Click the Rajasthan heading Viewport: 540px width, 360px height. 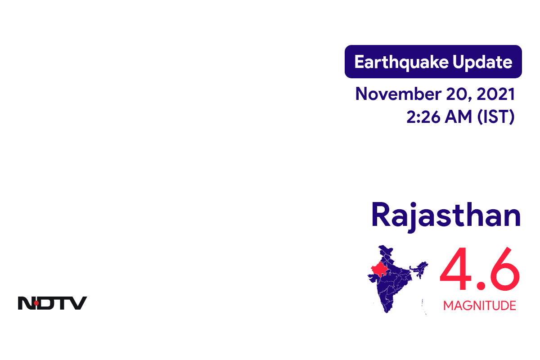click(x=446, y=215)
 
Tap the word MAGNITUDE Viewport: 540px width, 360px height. click(x=479, y=306)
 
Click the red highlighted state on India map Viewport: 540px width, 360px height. click(x=378, y=270)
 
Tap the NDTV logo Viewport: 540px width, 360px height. click(x=52, y=303)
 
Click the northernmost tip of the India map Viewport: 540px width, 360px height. click(x=383, y=247)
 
